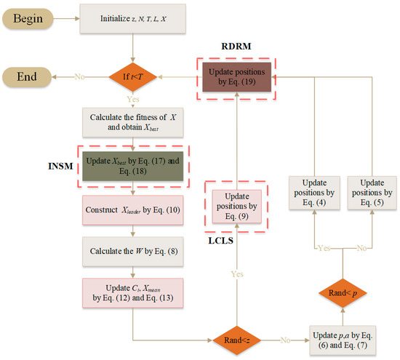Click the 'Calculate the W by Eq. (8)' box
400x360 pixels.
(x=132, y=253)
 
